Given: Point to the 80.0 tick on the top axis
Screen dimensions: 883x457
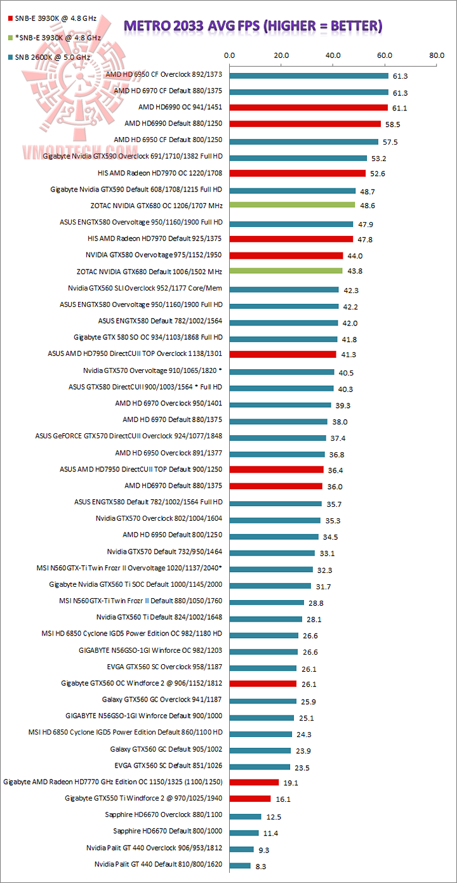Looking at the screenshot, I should [437, 55].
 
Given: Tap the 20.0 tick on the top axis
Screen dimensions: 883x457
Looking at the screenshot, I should [281, 55].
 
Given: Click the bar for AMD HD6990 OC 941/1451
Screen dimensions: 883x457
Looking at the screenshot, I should [308, 107].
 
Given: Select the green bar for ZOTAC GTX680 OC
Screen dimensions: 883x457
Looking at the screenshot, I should [292, 206].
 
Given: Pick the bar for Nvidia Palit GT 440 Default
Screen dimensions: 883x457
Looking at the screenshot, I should [240, 865].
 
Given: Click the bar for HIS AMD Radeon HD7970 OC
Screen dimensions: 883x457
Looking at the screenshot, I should [298, 173].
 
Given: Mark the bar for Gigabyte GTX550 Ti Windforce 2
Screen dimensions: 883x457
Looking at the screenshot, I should [250, 798].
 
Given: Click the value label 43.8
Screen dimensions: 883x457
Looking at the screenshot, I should [355, 271].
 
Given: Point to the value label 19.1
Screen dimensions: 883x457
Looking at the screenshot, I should [291, 783].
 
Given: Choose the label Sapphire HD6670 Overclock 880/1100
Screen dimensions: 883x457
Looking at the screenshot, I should [168, 814].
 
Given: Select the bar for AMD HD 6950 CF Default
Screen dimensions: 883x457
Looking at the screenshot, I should [304, 140].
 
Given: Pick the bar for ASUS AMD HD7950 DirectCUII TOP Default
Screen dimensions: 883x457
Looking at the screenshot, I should [277, 469].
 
